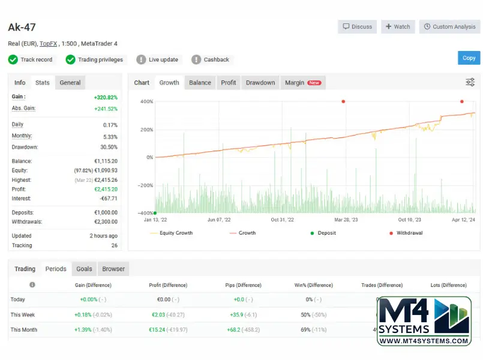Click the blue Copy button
(469, 58)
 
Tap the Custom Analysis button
(449, 27)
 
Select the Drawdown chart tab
(260, 83)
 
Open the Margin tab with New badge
(303, 83)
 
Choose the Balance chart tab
(200, 83)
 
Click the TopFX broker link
(49, 44)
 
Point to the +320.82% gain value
(106, 97)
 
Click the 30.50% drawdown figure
(109, 147)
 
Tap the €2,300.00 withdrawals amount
(106, 222)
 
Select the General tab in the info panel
(70, 83)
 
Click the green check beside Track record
(13, 59)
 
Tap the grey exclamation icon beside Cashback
(196, 59)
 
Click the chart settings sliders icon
(470, 82)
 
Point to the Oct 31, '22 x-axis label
(282, 220)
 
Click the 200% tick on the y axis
(146, 130)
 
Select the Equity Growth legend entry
(171, 233)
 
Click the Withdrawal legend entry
(406, 233)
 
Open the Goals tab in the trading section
(84, 269)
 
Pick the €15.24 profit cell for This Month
(157, 330)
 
